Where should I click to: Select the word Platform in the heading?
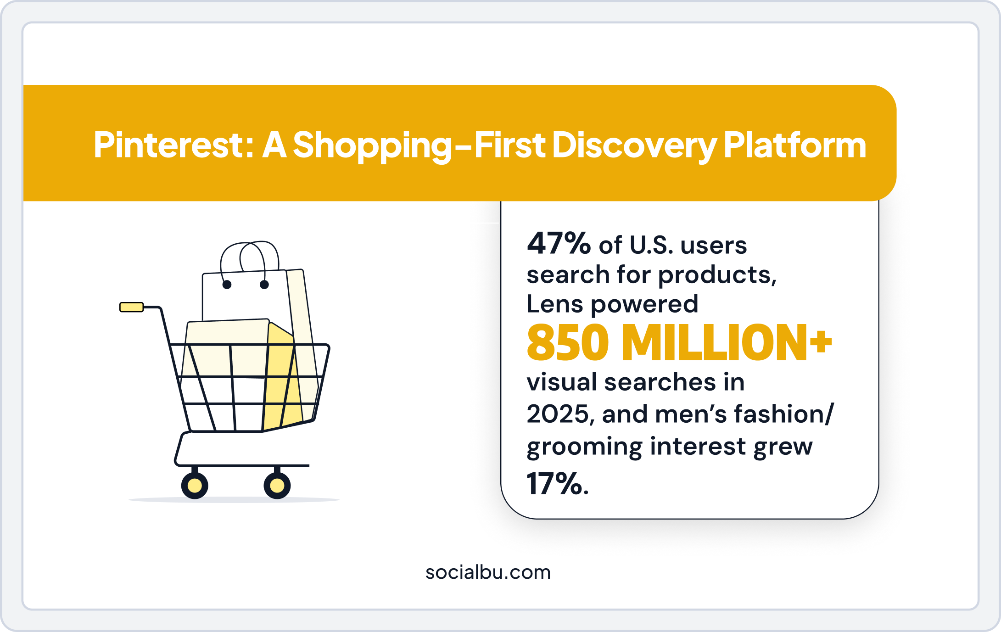794,145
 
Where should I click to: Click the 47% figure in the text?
559,244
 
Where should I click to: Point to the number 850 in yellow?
568,343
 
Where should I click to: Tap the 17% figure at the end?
557,484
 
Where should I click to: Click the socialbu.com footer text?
488,572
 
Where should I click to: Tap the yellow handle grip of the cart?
132,307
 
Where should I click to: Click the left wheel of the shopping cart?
195,486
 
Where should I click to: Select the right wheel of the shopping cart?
277,486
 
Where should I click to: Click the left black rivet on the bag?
227,285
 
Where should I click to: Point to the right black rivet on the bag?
264,285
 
